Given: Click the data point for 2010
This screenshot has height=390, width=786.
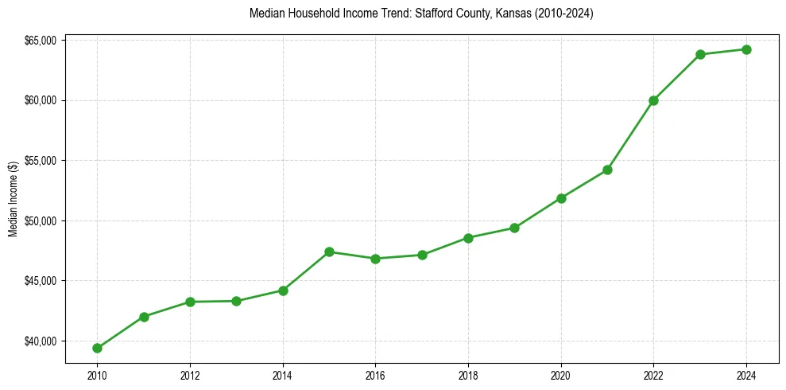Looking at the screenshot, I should (97, 348).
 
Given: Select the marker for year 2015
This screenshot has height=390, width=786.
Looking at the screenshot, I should (329, 252).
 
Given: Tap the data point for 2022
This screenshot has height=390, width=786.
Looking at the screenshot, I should (653, 100).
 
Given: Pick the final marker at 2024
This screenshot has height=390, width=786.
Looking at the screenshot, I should (746, 49).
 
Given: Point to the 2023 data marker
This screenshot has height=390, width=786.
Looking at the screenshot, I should (700, 54).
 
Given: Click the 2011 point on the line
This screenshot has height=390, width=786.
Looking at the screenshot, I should (144, 317).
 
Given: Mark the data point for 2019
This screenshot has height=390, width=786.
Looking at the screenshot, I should (514, 228).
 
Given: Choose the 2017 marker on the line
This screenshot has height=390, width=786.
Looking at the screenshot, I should (422, 255).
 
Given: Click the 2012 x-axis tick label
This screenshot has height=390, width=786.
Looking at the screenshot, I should (190, 374).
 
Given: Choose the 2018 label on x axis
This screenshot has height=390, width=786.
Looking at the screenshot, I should (468, 374).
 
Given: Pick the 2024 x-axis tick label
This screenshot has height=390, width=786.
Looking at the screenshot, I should (746, 374).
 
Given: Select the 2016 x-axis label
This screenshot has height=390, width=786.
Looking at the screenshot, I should (375, 374).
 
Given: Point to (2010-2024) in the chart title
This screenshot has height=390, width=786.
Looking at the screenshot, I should (563, 14).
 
